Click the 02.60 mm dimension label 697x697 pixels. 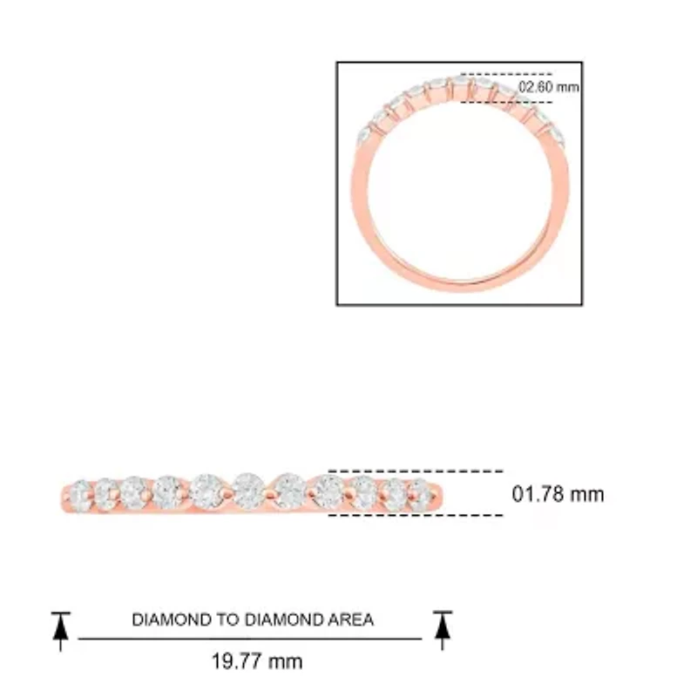tap(549, 86)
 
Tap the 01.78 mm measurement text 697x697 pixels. tap(558, 494)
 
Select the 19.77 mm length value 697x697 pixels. tap(257, 661)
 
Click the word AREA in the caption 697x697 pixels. tap(351, 619)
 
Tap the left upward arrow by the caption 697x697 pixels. tap(60, 631)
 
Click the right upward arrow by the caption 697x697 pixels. tap(443, 630)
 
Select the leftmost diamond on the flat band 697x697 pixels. tap(80, 495)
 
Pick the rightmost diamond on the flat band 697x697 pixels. tap(421, 494)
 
